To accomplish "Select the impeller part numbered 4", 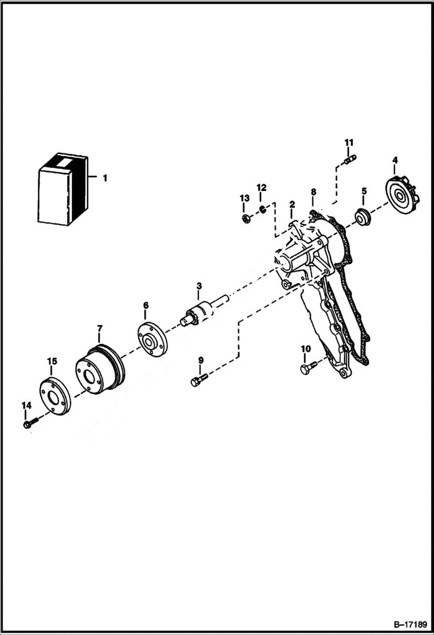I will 402,196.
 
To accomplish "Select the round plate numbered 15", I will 54,396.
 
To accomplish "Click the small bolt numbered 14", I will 28,424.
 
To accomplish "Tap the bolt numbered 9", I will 198,380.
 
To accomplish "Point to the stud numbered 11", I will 350,159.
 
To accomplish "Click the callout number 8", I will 313,192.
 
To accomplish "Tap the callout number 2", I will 293,204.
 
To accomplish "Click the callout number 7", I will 99,328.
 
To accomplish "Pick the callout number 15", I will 52,361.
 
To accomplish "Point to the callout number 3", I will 199,286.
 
